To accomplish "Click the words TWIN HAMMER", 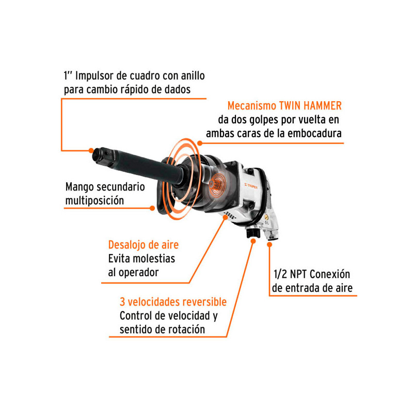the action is coord(310,106).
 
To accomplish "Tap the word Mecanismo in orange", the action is coord(252,106).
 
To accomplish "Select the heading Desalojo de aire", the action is coord(144,245).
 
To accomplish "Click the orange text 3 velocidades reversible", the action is coord(173,302).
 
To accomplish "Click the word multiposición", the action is coord(94,201).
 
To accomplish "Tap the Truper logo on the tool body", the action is coord(251,186).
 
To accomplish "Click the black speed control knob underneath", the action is coord(253,232).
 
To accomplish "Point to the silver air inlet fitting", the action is coord(271,233).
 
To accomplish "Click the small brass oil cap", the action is coord(266,217).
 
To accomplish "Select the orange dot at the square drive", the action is coord(91,150).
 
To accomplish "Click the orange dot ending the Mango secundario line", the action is coord(152,208).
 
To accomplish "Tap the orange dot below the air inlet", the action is coord(269,245).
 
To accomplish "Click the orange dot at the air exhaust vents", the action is coord(226,217).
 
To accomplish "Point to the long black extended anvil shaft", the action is coord(148,166).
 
